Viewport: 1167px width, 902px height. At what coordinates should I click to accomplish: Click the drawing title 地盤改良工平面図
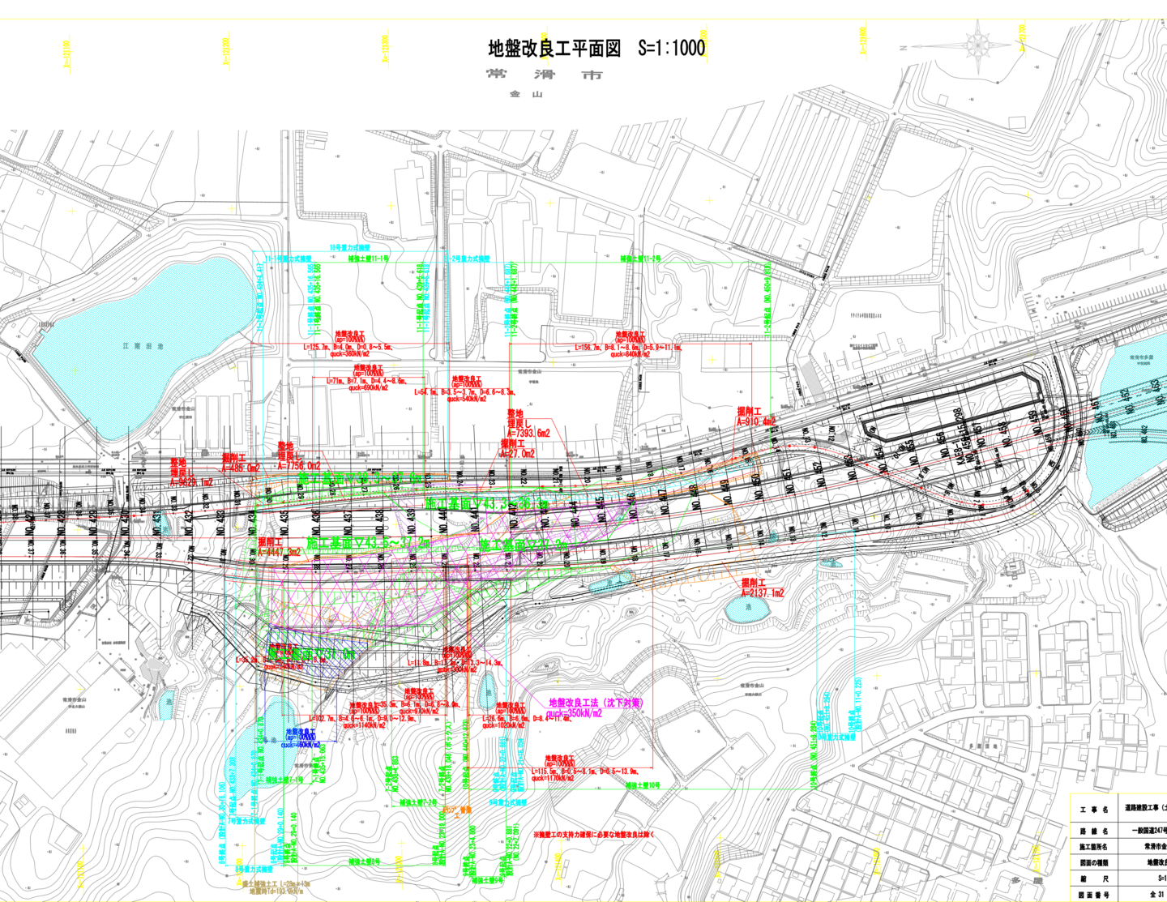pyautogui.click(x=554, y=49)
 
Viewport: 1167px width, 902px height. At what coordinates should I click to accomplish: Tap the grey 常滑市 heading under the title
pyautogui.click(x=544, y=75)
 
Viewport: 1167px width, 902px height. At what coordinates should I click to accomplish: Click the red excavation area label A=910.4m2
pyautogui.click(x=755, y=421)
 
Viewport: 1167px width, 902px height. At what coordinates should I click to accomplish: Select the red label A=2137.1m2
pyautogui.click(x=763, y=593)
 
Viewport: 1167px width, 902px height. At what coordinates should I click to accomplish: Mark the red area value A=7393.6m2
pyautogui.click(x=528, y=434)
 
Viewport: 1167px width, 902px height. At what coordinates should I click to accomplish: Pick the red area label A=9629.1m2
pyautogui.click(x=191, y=481)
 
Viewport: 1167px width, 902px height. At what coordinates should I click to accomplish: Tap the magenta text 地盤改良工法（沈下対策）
pyautogui.click(x=596, y=703)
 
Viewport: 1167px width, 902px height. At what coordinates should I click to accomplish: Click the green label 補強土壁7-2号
pyautogui.click(x=417, y=803)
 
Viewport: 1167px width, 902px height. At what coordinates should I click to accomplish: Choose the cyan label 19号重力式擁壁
pyautogui.click(x=349, y=247)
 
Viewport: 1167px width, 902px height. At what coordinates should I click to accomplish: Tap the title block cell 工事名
pyautogui.click(x=1094, y=810)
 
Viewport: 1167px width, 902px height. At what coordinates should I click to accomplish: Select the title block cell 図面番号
pyautogui.click(x=1094, y=895)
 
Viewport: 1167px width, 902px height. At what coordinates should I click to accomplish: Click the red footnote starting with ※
pyautogui.click(x=593, y=834)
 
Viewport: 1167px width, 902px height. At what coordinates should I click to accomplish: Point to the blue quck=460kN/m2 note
pyautogui.click(x=301, y=744)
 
